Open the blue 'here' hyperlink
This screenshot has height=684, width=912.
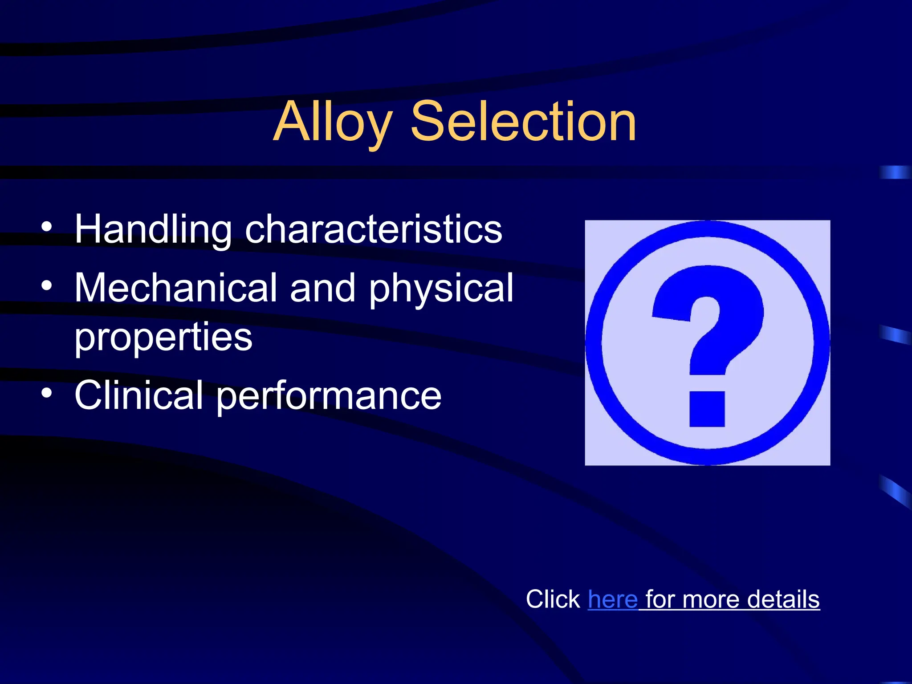(612, 599)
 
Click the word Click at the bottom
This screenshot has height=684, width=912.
(553, 599)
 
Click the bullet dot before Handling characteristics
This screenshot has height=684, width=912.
(47, 228)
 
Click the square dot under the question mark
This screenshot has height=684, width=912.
(707, 409)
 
